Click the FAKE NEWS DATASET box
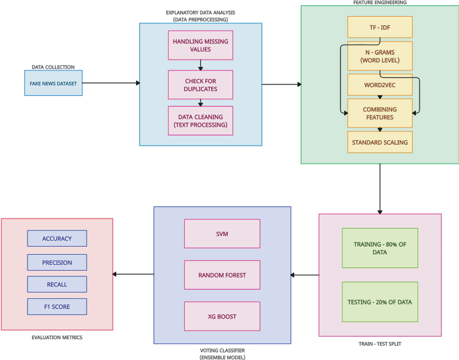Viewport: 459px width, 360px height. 53,83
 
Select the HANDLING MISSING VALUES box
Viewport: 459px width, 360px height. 200,46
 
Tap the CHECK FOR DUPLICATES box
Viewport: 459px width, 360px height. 200,84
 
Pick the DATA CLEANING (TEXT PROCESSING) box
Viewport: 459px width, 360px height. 200,121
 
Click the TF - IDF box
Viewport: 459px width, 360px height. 379,27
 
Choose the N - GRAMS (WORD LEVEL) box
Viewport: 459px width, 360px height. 379,56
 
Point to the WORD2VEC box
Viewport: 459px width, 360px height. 379,85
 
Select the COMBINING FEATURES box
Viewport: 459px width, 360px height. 379,113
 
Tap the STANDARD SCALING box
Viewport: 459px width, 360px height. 379,142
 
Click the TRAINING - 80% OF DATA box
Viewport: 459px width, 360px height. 380,248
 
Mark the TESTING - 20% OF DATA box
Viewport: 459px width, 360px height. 380,301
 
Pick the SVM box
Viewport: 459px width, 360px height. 222,234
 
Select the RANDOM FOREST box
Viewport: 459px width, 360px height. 222,275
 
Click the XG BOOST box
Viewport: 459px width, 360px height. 222,316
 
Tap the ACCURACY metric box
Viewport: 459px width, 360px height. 57,238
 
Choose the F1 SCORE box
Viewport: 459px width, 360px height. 57,307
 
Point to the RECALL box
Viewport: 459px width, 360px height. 57,284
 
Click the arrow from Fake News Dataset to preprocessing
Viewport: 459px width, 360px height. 111,83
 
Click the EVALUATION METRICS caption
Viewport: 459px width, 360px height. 57,337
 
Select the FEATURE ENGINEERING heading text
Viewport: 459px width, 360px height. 379,3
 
